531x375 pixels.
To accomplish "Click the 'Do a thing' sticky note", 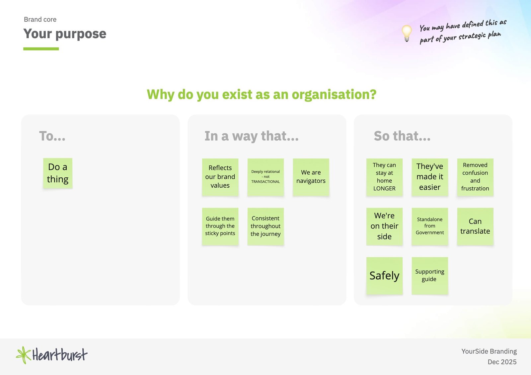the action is (58, 173).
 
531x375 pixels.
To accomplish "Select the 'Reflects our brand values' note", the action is (220, 177).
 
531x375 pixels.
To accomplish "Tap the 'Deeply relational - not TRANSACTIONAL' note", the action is (265, 177).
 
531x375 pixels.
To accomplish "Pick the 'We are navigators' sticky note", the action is (311, 177).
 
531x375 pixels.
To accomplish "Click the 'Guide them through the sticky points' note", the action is (220, 226).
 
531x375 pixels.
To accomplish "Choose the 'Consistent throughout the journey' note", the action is (265, 226).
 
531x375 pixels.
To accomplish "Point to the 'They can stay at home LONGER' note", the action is (384, 177).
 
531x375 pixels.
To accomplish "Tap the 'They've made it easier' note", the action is (430, 177).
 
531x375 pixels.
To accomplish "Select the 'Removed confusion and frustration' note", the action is (475, 177).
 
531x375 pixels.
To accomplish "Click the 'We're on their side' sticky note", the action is (384, 226).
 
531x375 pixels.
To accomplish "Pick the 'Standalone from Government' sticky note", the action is (430, 226).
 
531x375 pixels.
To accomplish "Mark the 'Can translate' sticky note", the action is (475, 226).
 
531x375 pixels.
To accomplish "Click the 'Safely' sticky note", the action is (384, 276).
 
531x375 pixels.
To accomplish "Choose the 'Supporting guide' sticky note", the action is (430, 276).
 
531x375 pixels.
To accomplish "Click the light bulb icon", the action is (407, 33).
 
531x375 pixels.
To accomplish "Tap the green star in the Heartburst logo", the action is (24, 355).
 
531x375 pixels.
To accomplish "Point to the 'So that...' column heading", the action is (402, 136).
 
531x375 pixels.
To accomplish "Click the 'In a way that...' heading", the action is (252, 136).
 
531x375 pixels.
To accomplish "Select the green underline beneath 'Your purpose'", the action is (41, 49).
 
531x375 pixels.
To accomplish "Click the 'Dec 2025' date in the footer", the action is (502, 362).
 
